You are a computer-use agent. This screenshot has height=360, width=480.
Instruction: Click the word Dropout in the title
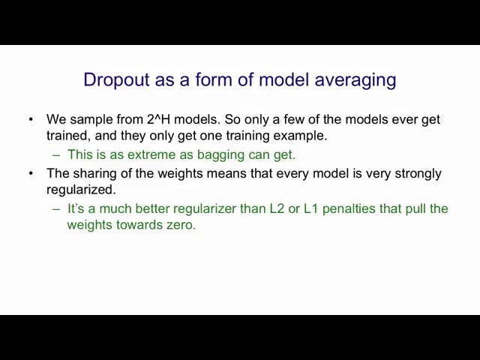(x=117, y=80)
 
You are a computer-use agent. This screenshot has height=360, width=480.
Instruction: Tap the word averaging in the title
(x=355, y=81)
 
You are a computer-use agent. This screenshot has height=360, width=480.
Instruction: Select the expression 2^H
(x=158, y=119)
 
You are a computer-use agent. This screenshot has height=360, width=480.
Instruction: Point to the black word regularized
(x=81, y=190)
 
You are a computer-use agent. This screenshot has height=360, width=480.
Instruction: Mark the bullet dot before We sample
(x=31, y=119)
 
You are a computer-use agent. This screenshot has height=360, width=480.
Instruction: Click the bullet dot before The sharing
(x=31, y=173)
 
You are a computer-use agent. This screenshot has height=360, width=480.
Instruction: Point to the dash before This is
(x=56, y=155)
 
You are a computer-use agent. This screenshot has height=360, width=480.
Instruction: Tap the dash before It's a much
(x=56, y=209)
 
